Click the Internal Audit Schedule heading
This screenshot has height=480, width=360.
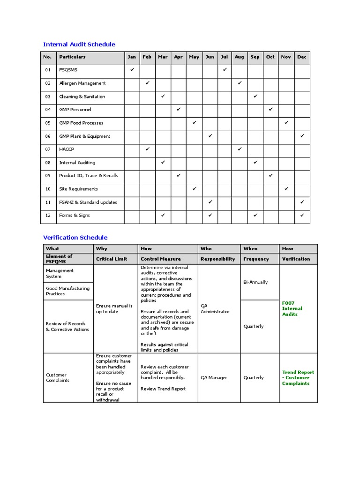79,45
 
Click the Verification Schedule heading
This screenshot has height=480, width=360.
75,238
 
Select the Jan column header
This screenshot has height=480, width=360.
132,57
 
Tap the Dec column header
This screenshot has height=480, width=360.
302,57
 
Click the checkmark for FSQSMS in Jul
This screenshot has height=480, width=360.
225,70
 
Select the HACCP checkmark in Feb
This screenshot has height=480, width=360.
147,149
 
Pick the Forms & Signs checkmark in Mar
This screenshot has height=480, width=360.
163,215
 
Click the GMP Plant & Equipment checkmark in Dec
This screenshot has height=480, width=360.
302,136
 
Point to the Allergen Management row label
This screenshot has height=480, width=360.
82,83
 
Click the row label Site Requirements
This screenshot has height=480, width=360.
78,189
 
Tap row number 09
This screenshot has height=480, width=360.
48,176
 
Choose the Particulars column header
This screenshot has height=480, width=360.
72,57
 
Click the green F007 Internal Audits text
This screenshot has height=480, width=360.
292,308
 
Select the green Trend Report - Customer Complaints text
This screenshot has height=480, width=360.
298,378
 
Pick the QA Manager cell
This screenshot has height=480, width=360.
214,378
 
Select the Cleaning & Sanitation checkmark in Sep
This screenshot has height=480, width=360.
255,96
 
